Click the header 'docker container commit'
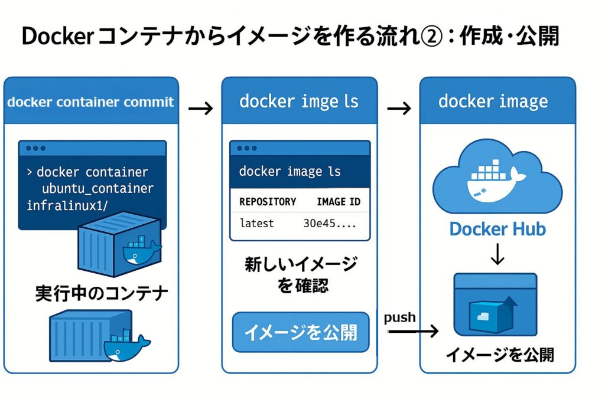tap(90, 101)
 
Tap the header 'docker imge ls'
tap(299, 101)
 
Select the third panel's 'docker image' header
tap(493, 101)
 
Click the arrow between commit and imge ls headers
tap(200, 109)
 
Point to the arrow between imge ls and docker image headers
tap(399, 109)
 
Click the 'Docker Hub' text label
tap(497, 229)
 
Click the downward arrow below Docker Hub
tap(497, 254)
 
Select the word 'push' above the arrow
tap(400, 317)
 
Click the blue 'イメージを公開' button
tap(300, 332)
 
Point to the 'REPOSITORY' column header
tap(268, 202)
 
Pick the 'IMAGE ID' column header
tap(339, 202)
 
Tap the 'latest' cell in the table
tap(257, 224)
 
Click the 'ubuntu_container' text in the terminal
tap(97, 189)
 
